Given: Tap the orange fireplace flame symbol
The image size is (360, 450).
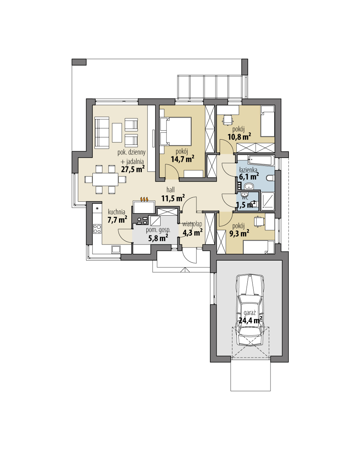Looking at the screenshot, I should (x=144, y=199).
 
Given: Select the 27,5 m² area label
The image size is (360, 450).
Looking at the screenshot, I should (x=132, y=169).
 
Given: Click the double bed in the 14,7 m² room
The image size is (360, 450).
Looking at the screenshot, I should (x=176, y=131).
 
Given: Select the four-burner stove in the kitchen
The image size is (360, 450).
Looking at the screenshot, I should (x=97, y=228).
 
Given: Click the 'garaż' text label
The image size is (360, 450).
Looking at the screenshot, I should (x=250, y=312).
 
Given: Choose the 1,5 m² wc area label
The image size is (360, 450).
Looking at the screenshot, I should (x=245, y=204).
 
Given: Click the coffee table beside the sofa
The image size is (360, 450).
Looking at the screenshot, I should (x=117, y=133).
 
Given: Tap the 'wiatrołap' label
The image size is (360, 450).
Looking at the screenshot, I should (x=192, y=224).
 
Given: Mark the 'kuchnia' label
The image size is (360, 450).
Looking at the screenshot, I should (x=116, y=211).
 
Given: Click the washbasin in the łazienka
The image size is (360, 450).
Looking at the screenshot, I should (x=248, y=186).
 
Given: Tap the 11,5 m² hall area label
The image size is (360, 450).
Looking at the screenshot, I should (x=173, y=198).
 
